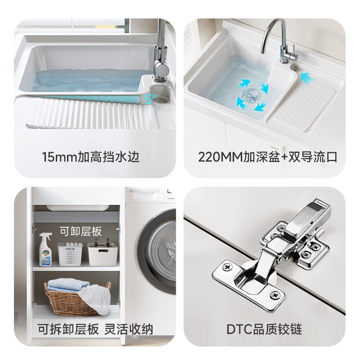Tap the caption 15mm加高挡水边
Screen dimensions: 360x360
tap(91, 157)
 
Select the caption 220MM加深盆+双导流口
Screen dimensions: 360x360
tap(268, 157)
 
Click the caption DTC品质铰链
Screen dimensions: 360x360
tap(264, 328)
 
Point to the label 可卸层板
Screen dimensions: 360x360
tap(80, 231)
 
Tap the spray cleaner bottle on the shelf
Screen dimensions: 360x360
tap(46, 249)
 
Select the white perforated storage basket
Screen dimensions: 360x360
tap(70, 254)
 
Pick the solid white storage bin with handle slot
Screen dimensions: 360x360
tap(102, 254)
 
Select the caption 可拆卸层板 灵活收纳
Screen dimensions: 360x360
tap(95, 329)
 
